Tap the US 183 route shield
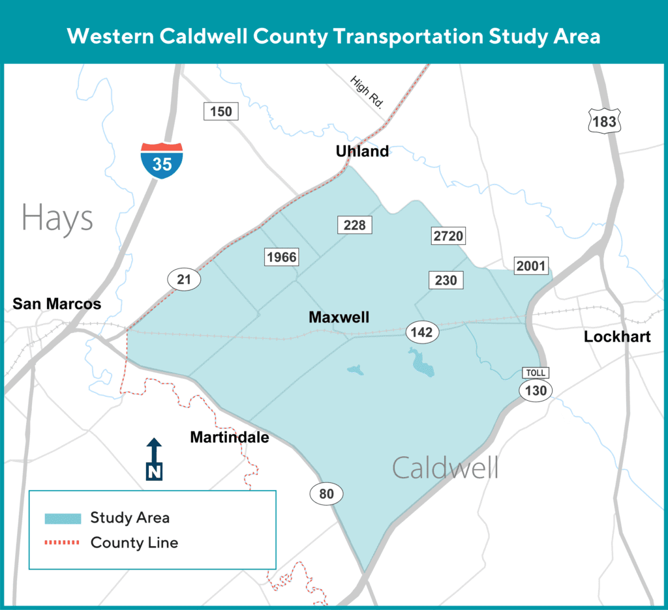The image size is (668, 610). pos(604,122)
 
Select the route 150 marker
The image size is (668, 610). pos(221,111)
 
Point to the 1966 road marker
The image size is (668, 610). pos(281,257)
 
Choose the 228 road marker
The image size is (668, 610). pos(355,225)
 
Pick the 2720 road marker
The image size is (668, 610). pos(449,235)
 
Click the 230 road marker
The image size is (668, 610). pos(446,280)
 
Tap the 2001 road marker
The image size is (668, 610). pos(532,265)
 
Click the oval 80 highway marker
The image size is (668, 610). pos(326,494)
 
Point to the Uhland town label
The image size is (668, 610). pos(362,151)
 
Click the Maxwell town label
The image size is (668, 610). pos(339,317)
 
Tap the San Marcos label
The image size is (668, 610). pos(57,304)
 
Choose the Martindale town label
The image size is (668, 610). pos(230,437)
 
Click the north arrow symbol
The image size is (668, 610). pos(154,459)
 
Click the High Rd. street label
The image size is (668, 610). pos(367,92)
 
